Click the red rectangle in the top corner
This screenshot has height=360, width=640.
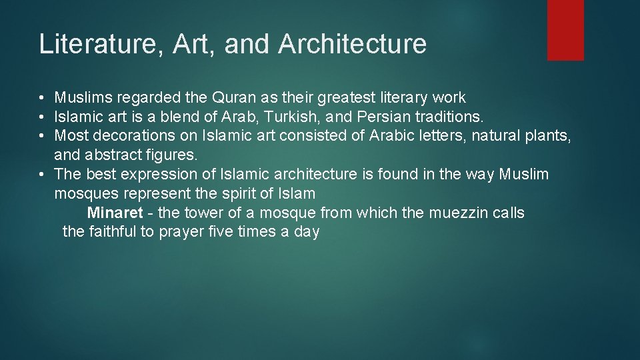pos(565,30)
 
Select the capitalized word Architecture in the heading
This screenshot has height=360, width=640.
pos(352,44)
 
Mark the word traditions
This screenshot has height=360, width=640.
pos(448,117)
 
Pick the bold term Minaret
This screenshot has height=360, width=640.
pos(115,213)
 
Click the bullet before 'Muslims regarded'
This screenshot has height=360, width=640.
pos(42,98)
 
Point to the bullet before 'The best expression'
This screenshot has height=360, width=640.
pos(42,175)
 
